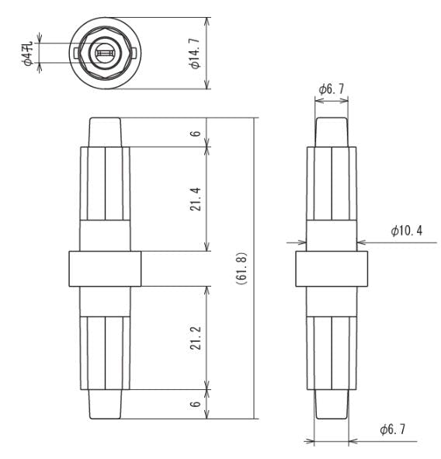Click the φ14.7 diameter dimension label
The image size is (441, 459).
[195, 53]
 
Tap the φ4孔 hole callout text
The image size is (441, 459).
[27, 54]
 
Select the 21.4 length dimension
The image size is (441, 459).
[195, 199]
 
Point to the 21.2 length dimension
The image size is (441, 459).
[195, 338]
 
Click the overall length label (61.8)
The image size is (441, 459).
[242, 268]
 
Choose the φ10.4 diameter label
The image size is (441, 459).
[407, 231]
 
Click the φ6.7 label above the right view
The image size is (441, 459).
[332, 89]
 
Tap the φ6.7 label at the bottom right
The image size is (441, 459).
[393, 429]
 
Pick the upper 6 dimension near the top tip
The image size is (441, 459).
[195, 133]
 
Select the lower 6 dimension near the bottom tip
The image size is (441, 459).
[195, 404]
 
